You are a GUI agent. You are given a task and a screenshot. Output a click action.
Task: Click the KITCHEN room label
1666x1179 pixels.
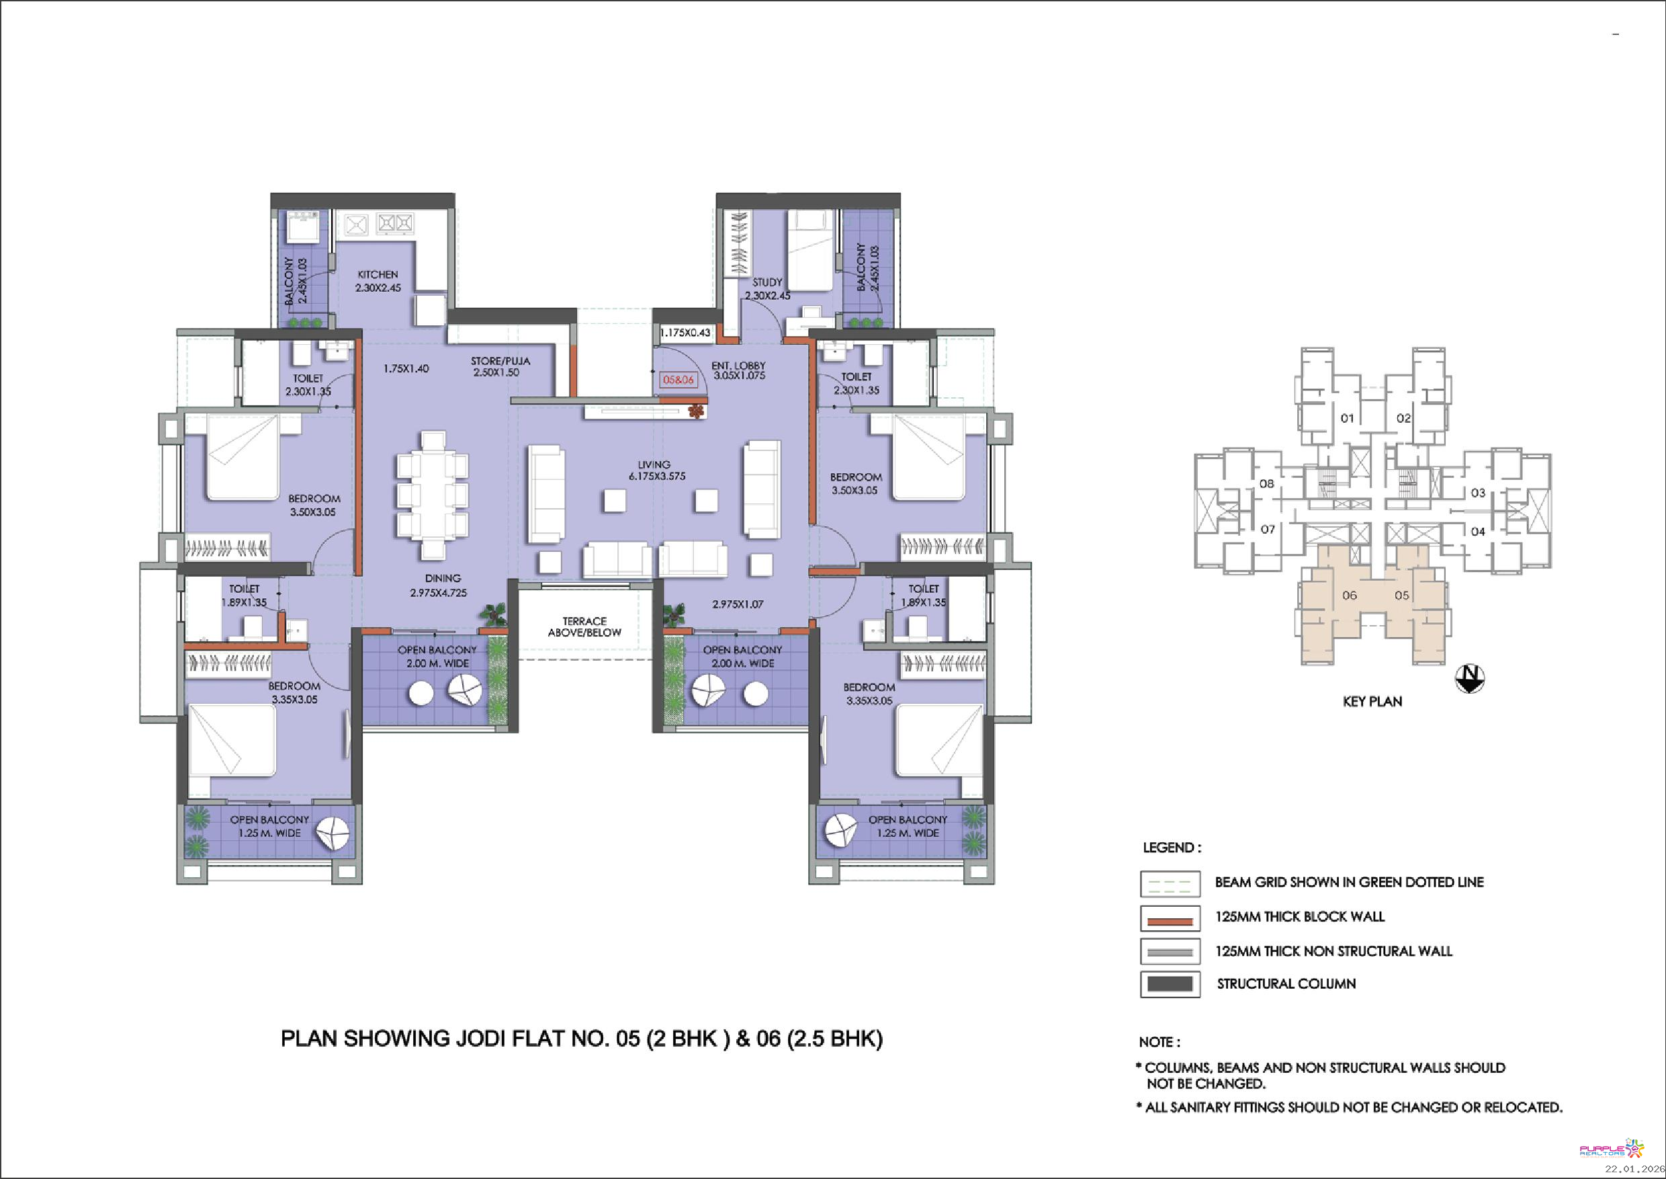pos(378,274)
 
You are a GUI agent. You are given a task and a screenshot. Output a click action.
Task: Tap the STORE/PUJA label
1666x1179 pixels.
pos(500,361)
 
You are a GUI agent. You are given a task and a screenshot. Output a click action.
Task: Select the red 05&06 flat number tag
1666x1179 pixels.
pos(678,380)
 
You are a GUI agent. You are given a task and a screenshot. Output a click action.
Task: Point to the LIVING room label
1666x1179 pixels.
pos(654,464)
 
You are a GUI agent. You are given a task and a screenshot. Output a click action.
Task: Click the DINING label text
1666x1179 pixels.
pos(443,579)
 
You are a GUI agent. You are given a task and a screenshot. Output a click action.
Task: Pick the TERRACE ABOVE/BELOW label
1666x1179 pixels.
pos(584,626)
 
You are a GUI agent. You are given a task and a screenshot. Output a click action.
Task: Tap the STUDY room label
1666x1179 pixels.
pos(767,282)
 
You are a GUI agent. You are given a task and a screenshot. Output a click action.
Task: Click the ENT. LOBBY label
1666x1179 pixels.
pos(739,365)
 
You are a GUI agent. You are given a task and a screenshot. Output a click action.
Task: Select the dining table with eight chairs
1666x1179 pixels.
pos(433,495)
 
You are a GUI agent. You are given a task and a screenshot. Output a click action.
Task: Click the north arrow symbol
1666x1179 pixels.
pos(1470,678)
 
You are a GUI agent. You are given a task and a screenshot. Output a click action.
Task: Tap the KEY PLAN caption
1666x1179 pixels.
pos(1372,701)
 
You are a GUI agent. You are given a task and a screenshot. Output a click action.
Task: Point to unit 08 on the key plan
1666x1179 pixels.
pos(1266,483)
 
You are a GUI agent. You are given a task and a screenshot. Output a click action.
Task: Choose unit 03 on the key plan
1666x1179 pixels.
pos(1478,493)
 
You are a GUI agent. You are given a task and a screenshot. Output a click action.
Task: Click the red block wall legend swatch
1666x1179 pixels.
pos(1170,918)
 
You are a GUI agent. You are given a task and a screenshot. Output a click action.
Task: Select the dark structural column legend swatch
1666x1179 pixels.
pos(1170,985)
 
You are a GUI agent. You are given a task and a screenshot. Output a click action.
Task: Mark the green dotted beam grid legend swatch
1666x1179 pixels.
pos(1170,883)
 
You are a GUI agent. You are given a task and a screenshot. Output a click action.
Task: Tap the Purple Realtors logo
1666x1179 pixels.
pos(1612,1149)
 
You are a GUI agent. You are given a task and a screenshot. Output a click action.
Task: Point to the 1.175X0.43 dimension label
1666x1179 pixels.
pos(685,333)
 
